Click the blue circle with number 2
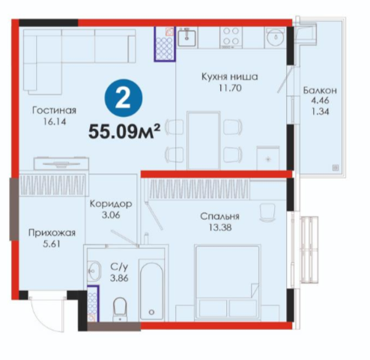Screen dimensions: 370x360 pos(124,97)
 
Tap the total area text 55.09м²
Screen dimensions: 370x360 pos(124,131)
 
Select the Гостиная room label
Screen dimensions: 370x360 pos(54,110)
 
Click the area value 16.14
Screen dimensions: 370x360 pos(55,121)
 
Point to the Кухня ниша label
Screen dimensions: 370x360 pos(230,76)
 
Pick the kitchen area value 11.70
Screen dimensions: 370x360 pos(230,88)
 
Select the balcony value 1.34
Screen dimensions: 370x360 pos(320,112)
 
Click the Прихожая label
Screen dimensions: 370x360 pos(52,232)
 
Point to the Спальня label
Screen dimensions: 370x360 pos(219,216)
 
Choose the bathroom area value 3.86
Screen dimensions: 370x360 pos(119,278)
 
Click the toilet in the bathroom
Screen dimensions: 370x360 pos(120,309)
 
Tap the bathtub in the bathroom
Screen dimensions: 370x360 pos(151,289)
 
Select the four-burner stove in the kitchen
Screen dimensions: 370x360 pos(231,37)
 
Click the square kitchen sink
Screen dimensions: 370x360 pos(186,37)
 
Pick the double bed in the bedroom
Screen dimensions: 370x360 pos(227,282)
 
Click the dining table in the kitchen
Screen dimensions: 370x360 pos(204,140)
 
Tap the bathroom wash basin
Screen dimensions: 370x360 pos(94,271)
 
